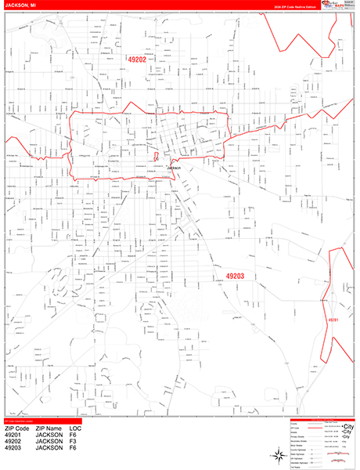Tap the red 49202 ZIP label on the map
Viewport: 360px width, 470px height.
[137, 59]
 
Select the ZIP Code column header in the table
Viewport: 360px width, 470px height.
[17, 429]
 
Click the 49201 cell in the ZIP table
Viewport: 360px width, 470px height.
[15, 436]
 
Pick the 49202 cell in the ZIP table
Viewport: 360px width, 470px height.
[15, 443]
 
